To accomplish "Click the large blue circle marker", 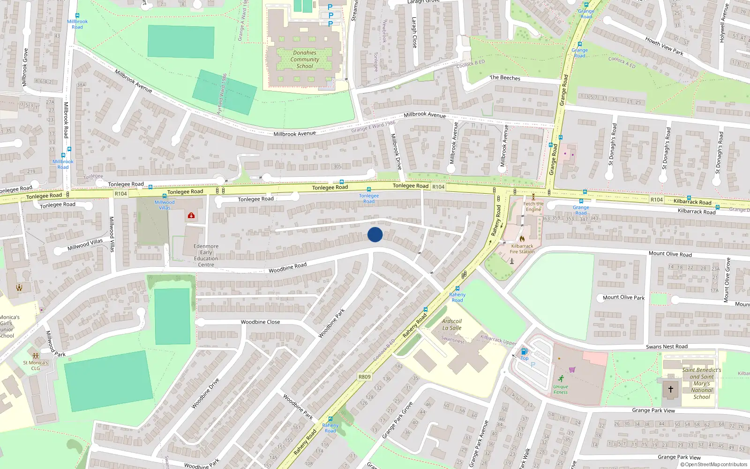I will coord(375,234).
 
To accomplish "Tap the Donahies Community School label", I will coord(305,60).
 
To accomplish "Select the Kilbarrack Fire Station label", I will coord(522,249).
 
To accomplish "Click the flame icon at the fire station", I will coord(522,239).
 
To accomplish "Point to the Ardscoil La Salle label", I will coord(452,325).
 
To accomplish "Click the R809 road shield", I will coord(364,377).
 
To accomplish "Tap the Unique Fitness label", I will coord(561,389).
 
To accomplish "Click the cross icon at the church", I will coord(671,389).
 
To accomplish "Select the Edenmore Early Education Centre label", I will coord(206,255).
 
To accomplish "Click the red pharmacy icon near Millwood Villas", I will coord(191,216).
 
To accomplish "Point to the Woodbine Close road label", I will coord(260,322).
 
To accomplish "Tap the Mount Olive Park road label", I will coord(623,297).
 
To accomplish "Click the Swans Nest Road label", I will coord(667,347).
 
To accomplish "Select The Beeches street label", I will coord(505,78).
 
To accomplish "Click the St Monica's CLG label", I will coord(36,365).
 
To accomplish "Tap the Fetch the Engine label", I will coord(533,206).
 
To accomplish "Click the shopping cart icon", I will coord(572,370).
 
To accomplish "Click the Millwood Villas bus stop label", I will coord(165,205).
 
